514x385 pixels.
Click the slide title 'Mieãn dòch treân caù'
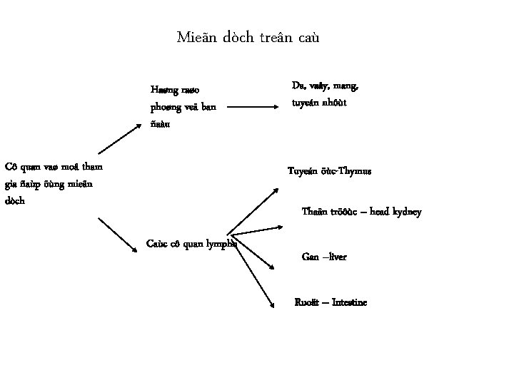point(253,36)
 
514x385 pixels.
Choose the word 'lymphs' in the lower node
point(221,243)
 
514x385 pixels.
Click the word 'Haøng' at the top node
point(163,90)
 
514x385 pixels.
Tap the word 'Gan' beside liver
point(311,257)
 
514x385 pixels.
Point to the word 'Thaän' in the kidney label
point(315,212)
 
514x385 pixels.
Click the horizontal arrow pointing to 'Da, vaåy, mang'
point(253,108)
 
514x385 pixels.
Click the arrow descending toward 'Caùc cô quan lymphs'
point(118,235)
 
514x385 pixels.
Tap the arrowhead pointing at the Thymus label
point(278,189)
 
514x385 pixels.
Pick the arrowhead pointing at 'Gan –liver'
point(273,267)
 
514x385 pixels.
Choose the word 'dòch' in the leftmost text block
point(14,201)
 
